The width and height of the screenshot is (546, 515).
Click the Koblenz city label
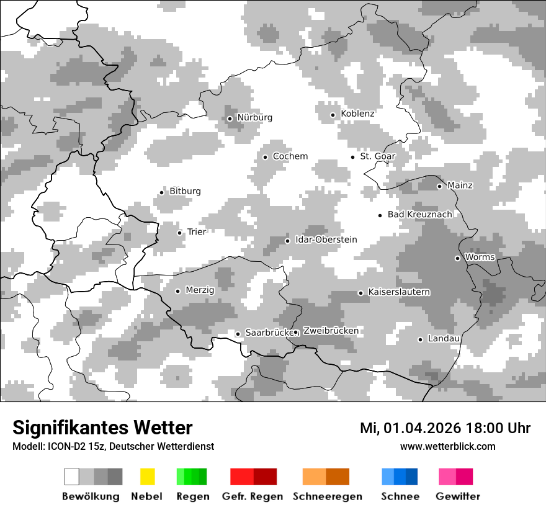point(357,114)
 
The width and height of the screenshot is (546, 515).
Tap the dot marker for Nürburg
point(230,119)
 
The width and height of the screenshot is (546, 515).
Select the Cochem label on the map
point(290,156)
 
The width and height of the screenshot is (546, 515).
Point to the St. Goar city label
point(377,156)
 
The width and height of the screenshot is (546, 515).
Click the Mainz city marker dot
point(439,186)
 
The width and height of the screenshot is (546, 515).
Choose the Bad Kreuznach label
point(419,214)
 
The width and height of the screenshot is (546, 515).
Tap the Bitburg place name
point(185,191)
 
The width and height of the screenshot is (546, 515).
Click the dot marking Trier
point(179,233)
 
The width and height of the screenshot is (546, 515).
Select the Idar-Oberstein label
point(326,240)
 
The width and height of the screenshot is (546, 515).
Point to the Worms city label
point(480,257)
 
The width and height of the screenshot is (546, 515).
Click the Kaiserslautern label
point(398,292)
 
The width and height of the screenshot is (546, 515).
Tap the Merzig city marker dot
point(177,291)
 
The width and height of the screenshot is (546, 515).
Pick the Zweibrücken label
point(331,331)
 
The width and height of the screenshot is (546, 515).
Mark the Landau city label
point(444,338)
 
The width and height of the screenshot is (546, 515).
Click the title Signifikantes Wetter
point(102,428)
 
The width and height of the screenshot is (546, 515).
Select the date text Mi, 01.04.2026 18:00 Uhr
point(445,428)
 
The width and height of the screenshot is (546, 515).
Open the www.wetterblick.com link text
point(447,446)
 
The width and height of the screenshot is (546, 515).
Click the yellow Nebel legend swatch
point(147,477)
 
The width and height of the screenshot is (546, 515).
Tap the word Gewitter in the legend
point(457,496)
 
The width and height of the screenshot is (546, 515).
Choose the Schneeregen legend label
point(328,496)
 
